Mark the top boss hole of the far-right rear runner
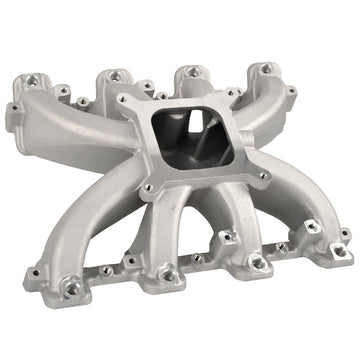click(x=267, y=69)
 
